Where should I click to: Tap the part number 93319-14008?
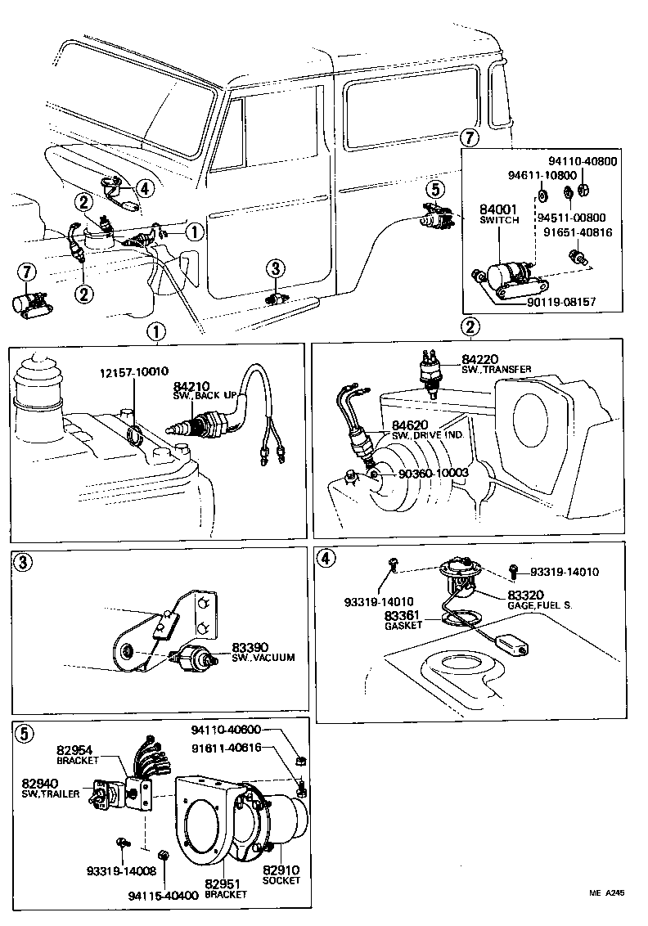tap(115, 870)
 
